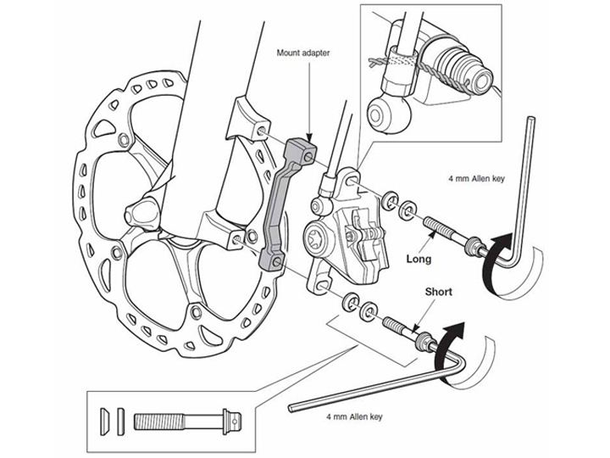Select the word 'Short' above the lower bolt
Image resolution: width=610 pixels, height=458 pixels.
click(439, 292)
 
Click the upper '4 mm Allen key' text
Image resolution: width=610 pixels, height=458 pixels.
click(476, 180)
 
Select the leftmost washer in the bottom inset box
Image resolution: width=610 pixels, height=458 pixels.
click(106, 418)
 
